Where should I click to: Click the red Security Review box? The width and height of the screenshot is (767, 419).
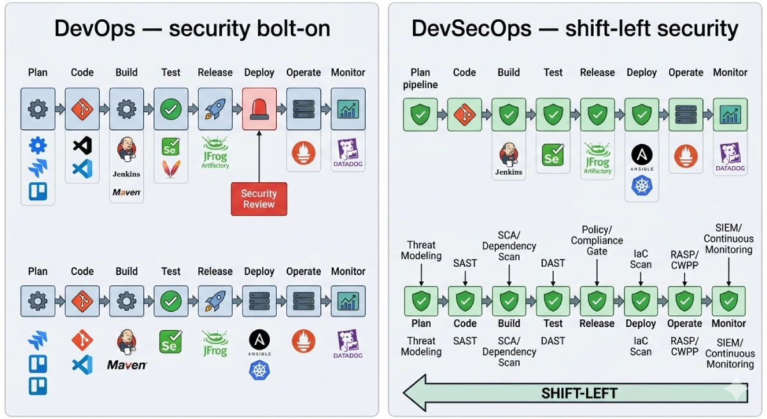259,199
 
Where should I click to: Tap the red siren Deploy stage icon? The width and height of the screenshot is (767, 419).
259,109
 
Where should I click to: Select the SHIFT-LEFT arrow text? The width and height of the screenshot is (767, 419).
579,393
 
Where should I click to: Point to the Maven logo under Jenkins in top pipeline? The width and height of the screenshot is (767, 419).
127,192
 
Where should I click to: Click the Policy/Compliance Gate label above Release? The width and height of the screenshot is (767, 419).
597,240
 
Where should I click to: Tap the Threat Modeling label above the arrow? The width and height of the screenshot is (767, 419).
421,250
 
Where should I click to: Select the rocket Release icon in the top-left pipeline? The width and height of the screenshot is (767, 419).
215,109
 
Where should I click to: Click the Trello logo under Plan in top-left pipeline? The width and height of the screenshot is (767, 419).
38,191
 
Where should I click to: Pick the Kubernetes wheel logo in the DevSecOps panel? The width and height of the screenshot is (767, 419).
641,186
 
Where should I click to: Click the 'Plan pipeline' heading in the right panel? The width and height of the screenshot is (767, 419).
421,78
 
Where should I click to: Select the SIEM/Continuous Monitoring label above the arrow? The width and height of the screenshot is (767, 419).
729,239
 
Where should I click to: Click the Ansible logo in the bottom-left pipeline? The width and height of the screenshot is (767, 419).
260,342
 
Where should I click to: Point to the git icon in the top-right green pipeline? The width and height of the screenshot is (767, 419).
465,115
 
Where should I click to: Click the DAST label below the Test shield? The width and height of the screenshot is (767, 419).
552,341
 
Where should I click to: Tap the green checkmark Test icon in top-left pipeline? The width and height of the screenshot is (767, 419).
171,109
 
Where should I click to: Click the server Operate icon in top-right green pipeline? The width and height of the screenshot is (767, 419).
685,115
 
